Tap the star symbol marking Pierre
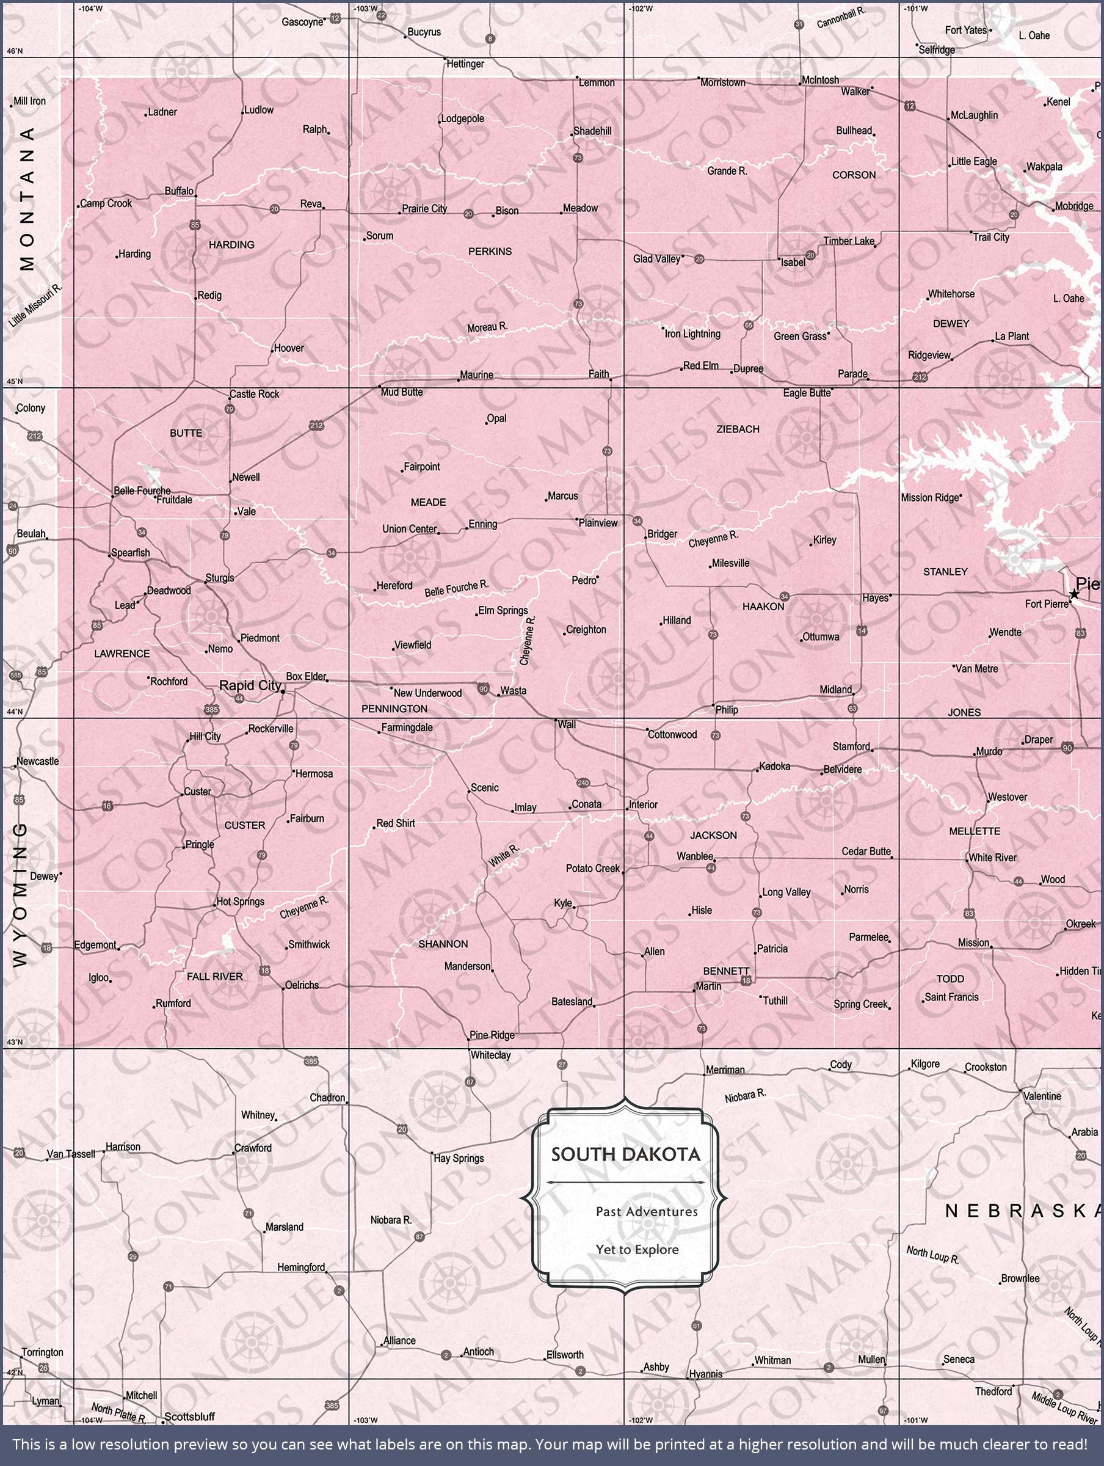click(x=1074, y=594)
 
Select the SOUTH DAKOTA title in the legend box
click(x=625, y=1155)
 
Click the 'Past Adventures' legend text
click(x=646, y=1212)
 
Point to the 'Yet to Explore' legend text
click(x=637, y=1250)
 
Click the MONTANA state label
click(x=27, y=199)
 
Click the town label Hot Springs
click(x=240, y=902)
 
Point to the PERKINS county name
click(x=490, y=251)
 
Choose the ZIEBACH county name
click(x=738, y=429)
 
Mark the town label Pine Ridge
click(x=492, y=1035)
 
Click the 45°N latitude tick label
click(x=14, y=382)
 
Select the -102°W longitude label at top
click(x=641, y=9)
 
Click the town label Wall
click(x=567, y=724)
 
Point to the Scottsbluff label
click(x=189, y=1417)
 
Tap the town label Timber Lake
click(x=848, y=241)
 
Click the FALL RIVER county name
click(x=215, y=977)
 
